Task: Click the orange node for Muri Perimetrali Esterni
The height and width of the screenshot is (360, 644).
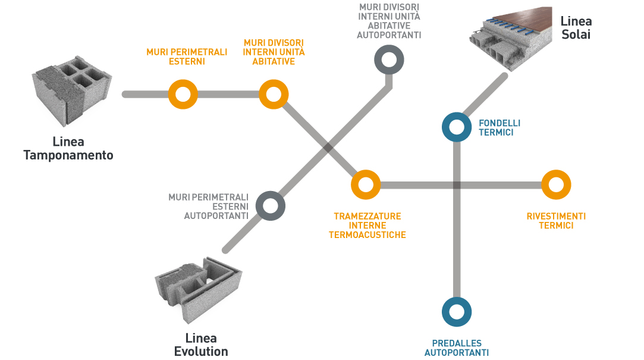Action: coord(183,94)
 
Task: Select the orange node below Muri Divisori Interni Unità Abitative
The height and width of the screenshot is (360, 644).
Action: coord(274,94)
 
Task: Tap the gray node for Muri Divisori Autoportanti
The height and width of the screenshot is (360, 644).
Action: coord(389,60)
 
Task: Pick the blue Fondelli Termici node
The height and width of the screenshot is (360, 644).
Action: coord(457,127)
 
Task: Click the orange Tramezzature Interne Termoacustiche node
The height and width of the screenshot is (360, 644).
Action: coord(365,185)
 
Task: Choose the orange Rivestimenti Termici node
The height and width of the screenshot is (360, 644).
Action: coord(556,185)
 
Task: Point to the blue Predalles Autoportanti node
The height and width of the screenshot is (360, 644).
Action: coord(457,312)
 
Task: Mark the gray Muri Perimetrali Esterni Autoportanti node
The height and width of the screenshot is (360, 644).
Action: coord(270,206)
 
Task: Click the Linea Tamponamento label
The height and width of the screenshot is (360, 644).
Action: coord(68,149)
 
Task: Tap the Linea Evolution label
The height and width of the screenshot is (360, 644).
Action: coord(201,345)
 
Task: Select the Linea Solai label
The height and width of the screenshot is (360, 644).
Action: coord(576,27)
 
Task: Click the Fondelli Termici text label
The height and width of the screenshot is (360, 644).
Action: coord(499,127)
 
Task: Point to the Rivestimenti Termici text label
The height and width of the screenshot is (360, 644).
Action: coord(556,221)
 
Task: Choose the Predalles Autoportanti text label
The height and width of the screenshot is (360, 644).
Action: coord(457,348)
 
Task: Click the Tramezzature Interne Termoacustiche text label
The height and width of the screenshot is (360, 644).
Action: coord(367,226)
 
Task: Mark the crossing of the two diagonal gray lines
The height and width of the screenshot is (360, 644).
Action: coord(328,147)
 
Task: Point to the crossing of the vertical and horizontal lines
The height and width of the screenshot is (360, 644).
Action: coord(457,185)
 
